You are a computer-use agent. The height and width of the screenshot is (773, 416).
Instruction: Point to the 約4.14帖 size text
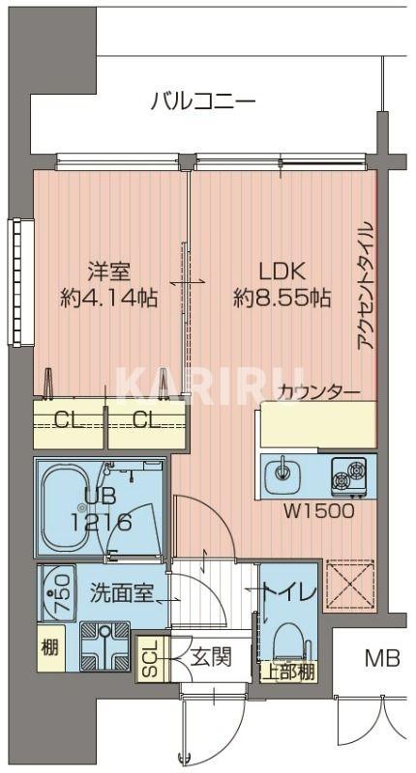tap(108, 300)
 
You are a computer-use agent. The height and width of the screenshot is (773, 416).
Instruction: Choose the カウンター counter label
tap(318, 392)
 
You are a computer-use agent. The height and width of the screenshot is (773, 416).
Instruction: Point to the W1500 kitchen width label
tap(318, 510)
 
